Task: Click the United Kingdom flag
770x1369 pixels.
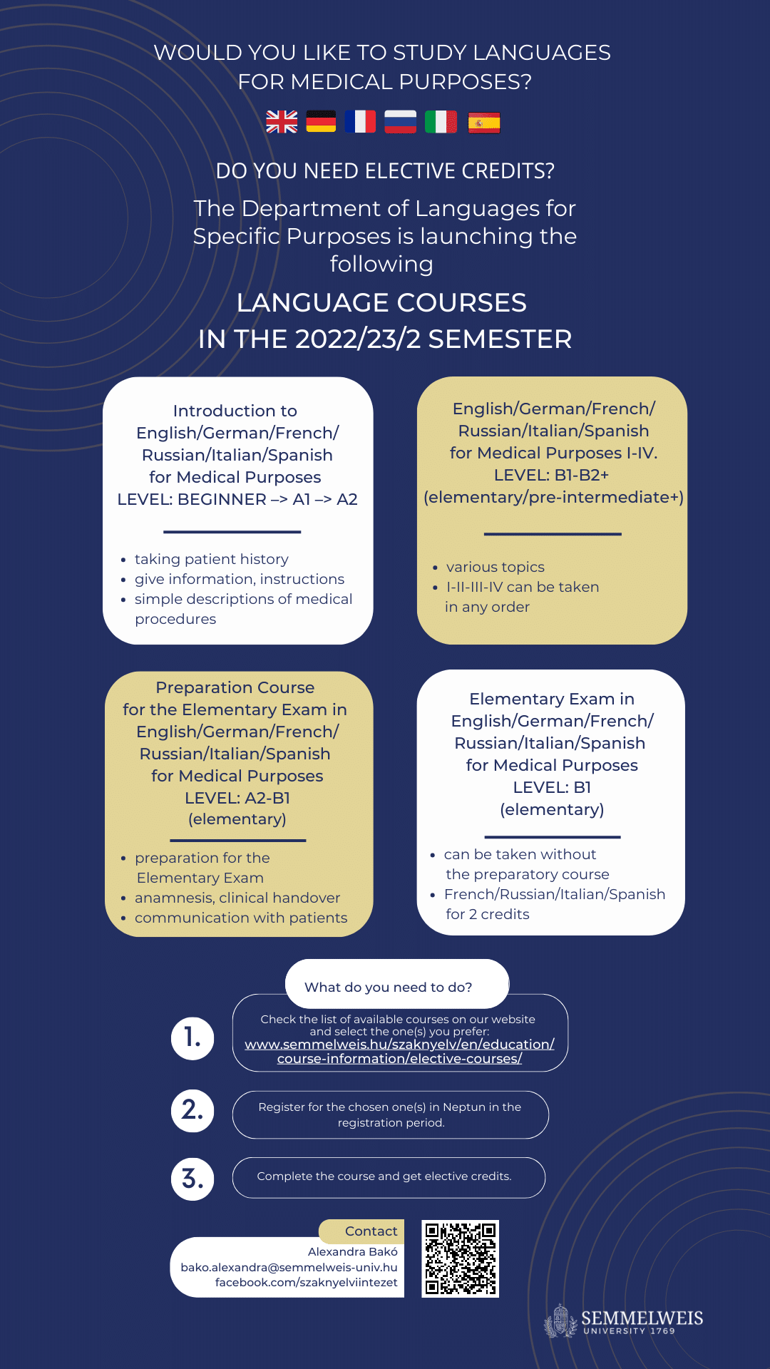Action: pos(282,122)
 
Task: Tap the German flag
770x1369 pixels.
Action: pos(321,122)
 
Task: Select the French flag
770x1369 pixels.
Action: pos(360,122)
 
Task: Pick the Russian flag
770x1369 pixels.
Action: pos(400,122)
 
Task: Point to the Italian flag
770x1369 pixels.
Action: pos(441,122)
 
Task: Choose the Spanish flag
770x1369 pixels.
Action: pos(483,123)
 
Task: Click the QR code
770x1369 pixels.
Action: pos(461,1258)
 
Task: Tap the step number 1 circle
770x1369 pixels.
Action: pos(192,1037)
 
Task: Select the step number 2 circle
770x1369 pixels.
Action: pos(192,1110)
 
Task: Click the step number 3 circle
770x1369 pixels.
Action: pos(192,1179)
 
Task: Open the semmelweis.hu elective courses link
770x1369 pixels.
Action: pos(399,1051)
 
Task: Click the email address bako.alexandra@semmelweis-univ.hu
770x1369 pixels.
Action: pos(289,1267)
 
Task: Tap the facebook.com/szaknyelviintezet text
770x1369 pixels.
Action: pos(306,1282)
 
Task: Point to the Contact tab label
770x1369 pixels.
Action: pos(371,1231)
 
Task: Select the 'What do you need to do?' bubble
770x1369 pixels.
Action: pos(389,987)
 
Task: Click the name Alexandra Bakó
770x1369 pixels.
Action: pos(352,1251)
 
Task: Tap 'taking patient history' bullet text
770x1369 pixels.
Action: pos(211,559)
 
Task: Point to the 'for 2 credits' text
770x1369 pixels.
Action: pos(488,914)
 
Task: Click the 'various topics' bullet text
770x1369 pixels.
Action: pos(495,567)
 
